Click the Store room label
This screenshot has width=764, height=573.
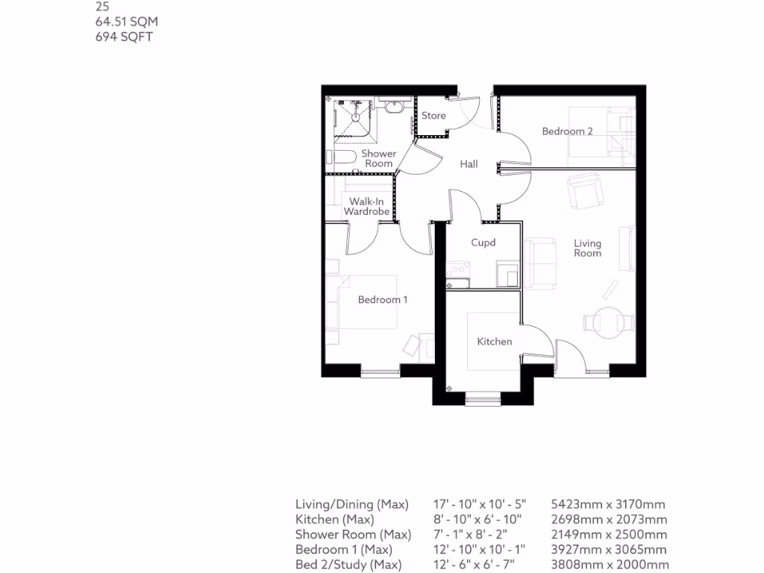[433, 116]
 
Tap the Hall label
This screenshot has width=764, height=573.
[469, 164]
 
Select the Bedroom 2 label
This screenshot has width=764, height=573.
[567, 131]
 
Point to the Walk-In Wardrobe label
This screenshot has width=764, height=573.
[366, 207]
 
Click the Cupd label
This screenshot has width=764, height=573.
[483, 242]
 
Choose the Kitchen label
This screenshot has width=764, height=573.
[495, 342]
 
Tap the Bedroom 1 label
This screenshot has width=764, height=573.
[383, 300]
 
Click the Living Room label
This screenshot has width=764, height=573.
[587, 248]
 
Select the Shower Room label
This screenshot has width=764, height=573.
[379, 158]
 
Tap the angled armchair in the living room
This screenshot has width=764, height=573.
[585, 191]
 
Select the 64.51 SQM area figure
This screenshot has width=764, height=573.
[126, 22]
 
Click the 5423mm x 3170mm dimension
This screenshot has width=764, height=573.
[607, 505]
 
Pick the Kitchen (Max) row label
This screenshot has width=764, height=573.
[335, 520]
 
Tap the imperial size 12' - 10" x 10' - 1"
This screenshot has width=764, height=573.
[480, 550]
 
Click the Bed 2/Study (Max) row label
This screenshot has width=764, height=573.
[348, 565]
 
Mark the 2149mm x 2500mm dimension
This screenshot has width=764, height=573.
[608, 535]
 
